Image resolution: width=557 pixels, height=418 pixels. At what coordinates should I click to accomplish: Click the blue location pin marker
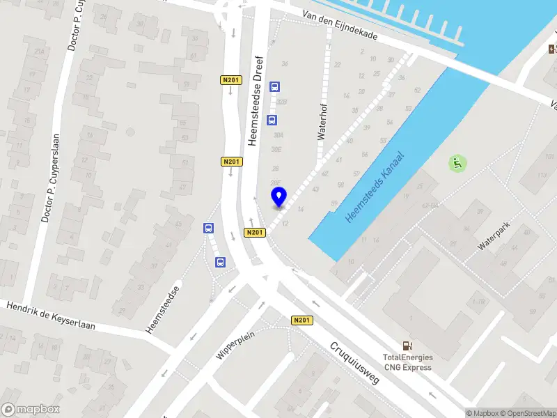click(x=278, y=197)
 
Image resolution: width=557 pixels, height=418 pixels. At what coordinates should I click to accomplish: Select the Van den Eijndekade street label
click(x=341, y=26)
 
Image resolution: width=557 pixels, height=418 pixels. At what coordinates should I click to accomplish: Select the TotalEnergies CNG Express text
click(x=407, y=363)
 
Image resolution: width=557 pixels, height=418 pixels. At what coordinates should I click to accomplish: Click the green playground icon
click(x=457, y=164)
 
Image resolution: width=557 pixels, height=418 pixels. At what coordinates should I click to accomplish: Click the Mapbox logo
click(x=31, y=410)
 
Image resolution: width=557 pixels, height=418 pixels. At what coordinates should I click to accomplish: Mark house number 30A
click(x=278, y=135)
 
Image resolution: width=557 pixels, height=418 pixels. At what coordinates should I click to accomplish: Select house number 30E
click(x=276, y=149)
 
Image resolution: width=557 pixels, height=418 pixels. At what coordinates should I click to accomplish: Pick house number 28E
click(x=276, y=183)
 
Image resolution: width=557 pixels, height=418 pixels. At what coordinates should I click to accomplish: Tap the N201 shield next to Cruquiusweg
click(x=301, y=320)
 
